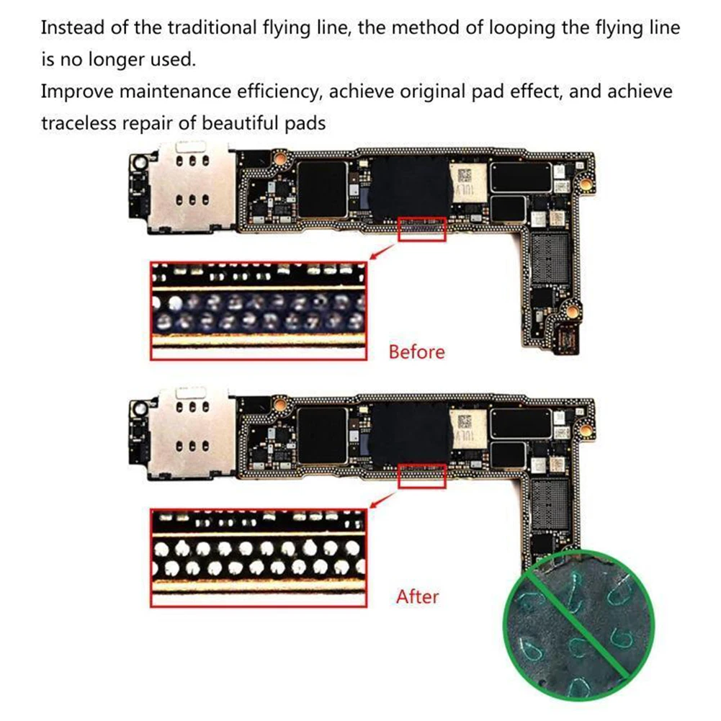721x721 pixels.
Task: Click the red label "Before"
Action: click(416, 352)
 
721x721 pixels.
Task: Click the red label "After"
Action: click(417, 596)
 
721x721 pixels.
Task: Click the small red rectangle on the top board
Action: click(422, 229)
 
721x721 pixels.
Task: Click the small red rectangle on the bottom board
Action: click(422, 475)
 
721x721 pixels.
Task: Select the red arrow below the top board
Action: click(382, 252)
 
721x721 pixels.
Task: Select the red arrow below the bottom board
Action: click(382, 498)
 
